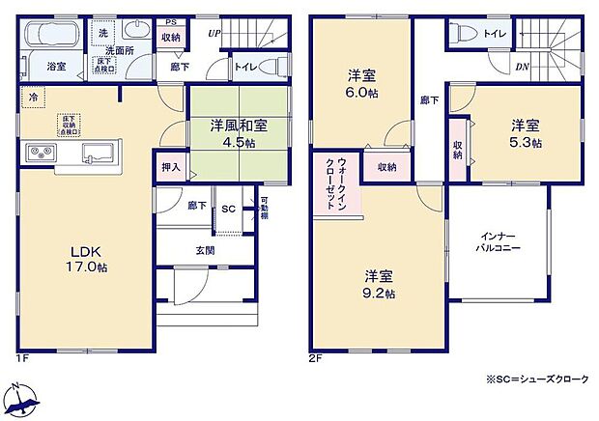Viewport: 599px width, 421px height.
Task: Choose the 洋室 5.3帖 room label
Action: pyautogui.click(x=526, y=133)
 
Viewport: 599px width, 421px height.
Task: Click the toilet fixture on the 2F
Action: pyautogui.click(x=462, y=33)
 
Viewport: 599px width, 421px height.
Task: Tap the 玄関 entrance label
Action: pyautogui.click(x=206, y=251)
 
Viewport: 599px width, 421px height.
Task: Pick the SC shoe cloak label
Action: pyautogui.click(x=229, y=209)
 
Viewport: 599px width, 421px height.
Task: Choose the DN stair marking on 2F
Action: pyautogui.click(x=522, y=67)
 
